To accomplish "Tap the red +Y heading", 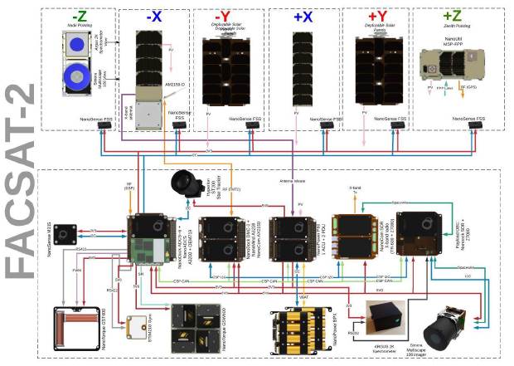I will click(378, 16).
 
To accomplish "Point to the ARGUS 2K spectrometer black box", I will click(385, 319).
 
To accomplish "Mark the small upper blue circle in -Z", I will click(76, 43).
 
